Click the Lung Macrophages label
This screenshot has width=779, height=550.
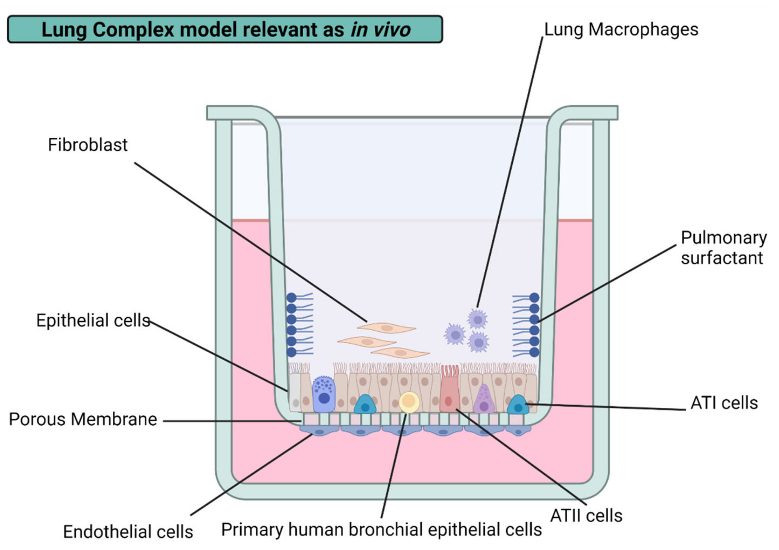[x=621, y=30]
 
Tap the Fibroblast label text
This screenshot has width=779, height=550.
[x=88, y=145]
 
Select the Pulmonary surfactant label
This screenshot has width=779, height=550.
[x=723, y=248]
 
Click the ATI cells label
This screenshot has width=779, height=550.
[x=724, y=403]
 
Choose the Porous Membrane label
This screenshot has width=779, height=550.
[x=83, y=419]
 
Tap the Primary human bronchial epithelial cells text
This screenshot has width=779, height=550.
[x=381, y=530]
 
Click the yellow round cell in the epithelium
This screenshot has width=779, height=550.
[x=409, y=402]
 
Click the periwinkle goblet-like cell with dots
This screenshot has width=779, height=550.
[x=324, y=395]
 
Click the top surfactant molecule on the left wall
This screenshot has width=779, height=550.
[x=292, y=298]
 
